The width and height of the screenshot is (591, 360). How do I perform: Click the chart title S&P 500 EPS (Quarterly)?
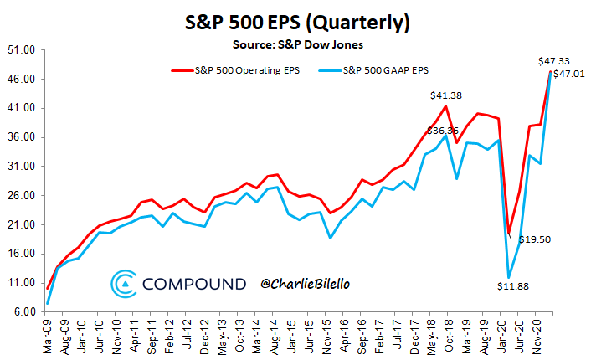point(297,23)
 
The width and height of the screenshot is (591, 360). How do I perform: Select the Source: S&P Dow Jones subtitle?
point(298,44)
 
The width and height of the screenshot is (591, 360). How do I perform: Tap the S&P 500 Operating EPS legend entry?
point(235,70)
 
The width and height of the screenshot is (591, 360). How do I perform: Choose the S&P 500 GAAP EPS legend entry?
point(373,70)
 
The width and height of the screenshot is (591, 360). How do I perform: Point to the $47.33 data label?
point(553,61)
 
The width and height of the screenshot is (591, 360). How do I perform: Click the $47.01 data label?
point(569,74)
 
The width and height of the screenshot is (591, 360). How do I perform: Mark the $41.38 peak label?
point(446,95)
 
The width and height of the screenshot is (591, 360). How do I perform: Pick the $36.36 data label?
point(443,131)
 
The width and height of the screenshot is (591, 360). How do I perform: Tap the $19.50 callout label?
point(534,239)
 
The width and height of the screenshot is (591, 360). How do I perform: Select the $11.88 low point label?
point(513,286)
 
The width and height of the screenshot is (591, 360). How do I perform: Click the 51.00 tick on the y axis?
point(22,50)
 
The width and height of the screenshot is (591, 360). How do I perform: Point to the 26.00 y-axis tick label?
point(22,196)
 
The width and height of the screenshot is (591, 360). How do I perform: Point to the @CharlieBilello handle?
point(305,284)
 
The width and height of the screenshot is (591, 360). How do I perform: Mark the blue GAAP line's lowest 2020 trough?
point(509,278)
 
